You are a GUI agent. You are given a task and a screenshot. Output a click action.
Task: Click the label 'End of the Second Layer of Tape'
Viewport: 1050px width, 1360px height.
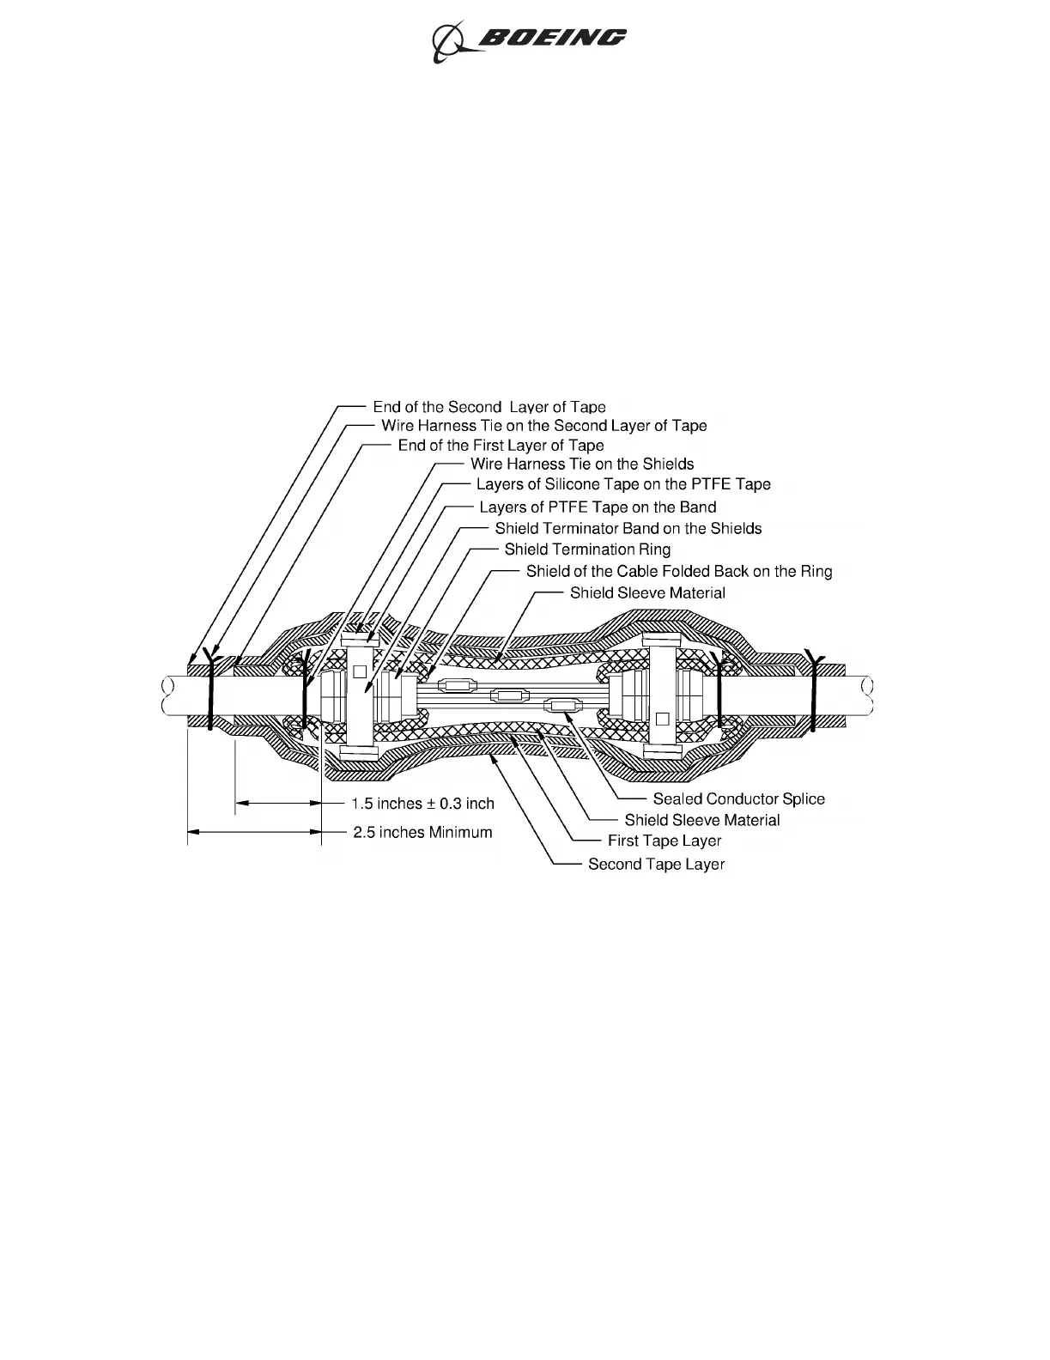tap(489, 407)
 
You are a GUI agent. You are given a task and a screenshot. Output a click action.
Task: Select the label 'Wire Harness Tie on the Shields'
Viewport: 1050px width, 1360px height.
tap(581, 464)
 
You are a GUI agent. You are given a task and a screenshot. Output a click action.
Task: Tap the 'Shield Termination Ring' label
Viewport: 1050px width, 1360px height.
tap(587, 549)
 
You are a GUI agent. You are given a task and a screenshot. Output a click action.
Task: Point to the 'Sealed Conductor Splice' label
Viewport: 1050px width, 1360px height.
tap(738, 799)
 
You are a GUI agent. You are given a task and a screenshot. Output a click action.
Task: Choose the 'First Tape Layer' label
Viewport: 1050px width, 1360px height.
tap(664, 841)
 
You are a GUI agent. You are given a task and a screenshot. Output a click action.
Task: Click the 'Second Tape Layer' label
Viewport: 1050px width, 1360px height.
tap(656, 865)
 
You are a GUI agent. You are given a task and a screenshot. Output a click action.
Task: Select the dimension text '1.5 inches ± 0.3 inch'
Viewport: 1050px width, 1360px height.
tap(423, 804)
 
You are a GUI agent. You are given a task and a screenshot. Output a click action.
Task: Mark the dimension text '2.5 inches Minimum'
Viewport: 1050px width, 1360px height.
tap(422, 832)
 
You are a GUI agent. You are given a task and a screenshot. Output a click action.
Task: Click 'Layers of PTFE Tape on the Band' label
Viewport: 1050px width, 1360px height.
tap(597, 507)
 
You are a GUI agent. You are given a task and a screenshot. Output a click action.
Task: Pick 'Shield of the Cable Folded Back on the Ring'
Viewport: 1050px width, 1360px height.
tap(678, 571)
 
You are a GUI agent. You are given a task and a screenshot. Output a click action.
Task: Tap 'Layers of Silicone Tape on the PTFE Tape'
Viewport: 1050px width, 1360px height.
tap(622, 484)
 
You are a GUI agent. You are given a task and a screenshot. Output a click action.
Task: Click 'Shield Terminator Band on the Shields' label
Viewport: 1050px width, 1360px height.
tap(628, 529)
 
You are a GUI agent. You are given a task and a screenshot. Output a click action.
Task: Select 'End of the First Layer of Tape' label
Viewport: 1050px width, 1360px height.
tap(501, 446)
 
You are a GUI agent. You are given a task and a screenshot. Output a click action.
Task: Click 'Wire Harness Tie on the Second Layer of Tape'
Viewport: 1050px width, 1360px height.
tap(543, 426)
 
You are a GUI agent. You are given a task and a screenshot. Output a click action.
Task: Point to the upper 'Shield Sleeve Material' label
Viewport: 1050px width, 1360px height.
tap(647, 593)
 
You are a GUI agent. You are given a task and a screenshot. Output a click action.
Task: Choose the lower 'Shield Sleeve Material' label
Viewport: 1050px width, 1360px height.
tap(701, 821)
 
